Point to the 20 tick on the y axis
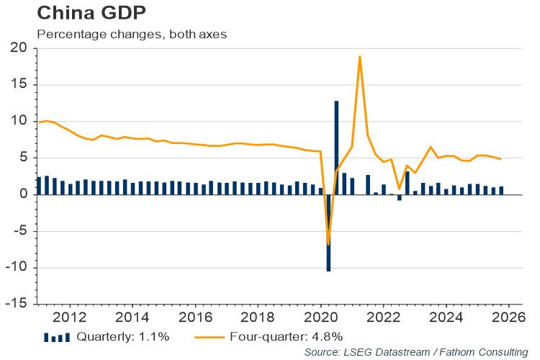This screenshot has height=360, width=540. (18, 48)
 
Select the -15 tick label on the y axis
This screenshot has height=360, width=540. (15, 304)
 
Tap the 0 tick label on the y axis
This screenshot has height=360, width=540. (22, 194)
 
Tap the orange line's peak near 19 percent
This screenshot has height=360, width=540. (359, 56)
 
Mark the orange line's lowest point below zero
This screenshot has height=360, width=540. (328, 244)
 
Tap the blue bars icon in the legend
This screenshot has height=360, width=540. (58, 336)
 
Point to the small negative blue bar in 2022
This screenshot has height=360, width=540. (399, 197)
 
